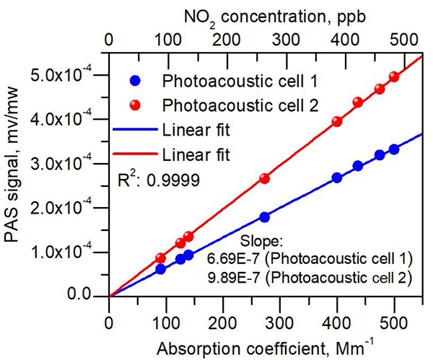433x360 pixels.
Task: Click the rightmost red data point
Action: (x=394, y=76)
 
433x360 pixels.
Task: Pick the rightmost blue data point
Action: (x=394, y=149)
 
